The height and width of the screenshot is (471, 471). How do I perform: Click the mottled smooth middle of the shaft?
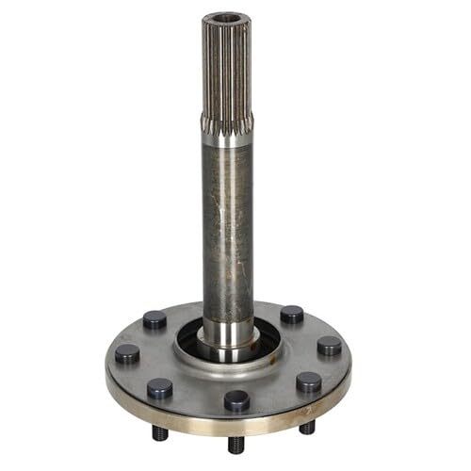point(227,226)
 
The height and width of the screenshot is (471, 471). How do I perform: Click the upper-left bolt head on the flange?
point(155,320)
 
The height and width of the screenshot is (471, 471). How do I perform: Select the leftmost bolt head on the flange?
point(127,354)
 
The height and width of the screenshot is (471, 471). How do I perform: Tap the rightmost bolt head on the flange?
point(329,346)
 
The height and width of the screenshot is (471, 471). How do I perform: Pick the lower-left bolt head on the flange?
point(159,387)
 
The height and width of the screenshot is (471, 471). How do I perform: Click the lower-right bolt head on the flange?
point(308,382)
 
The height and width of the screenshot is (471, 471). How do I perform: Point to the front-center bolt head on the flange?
point(236,400)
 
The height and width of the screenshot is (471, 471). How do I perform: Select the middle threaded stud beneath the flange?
point(235,443)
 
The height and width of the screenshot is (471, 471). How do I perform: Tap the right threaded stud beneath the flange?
point(307,428)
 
